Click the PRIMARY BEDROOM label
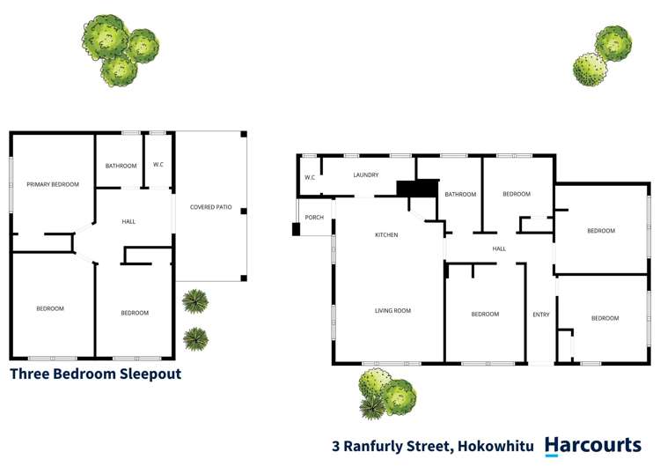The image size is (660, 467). click(53, 184)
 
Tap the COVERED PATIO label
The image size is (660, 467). click(211, 207)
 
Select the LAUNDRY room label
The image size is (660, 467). click(366, 175)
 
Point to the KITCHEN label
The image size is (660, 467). click(386, 235)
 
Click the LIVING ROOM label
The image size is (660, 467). click(393, 310)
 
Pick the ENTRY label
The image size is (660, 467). click(540, 315)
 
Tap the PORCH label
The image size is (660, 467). click(314, 218)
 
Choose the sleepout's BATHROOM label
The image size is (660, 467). click(121, 166)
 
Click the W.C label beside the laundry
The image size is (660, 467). click(310, 178)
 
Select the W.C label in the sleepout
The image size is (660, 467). click(158, 164)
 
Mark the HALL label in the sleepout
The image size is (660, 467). click(128, 221)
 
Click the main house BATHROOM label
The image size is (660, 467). click(460, 195)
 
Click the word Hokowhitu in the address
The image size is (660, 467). click(493, 447)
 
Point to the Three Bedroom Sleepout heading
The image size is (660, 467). click(95, 374)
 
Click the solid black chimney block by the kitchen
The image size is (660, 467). click(417, 188)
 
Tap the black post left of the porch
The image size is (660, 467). click(297, 229)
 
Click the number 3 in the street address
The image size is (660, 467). click(336, 447)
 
